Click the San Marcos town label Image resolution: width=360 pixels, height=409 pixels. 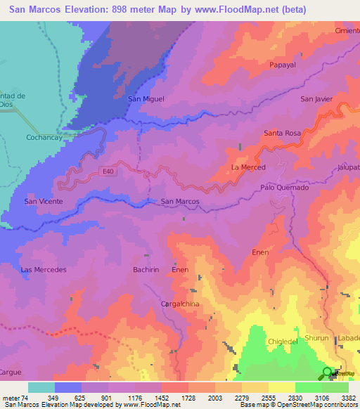180,202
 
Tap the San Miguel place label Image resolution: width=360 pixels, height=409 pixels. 146,99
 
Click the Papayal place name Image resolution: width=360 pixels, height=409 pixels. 285,65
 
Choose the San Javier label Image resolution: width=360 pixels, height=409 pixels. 316,99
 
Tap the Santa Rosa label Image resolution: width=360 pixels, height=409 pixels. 282,133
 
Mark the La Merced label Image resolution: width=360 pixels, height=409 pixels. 248,167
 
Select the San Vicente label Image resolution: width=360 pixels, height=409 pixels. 44,202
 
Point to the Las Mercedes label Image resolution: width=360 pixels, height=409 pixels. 44,270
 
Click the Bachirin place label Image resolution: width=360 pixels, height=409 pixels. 148,270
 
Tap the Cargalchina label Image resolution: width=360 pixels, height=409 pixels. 182,304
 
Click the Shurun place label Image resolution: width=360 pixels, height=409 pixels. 316,338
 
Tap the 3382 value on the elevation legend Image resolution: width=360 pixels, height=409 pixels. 347,397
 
